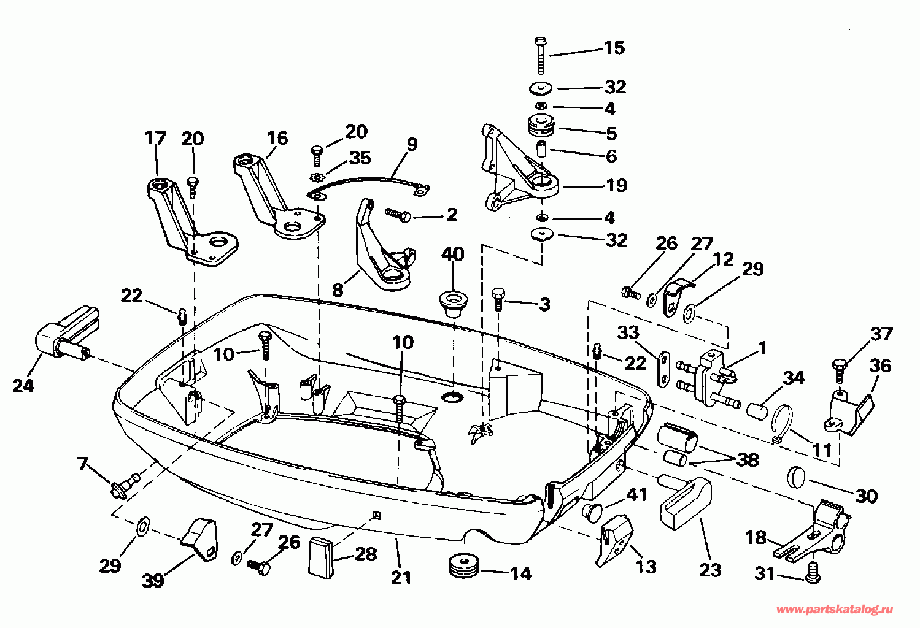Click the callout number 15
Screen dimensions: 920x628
[614, 48]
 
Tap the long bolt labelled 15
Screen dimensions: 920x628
[541, 56]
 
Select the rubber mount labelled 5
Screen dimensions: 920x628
[541, 126]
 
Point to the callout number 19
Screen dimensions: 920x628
[617, 186]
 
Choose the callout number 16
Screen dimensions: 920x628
[277, 139]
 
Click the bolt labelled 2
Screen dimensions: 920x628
[398, 214]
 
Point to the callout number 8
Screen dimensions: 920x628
[338, 290]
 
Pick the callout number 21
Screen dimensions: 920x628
[401, 578]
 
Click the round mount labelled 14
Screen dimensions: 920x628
[465, 566]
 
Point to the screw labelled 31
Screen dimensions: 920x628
[813, 573]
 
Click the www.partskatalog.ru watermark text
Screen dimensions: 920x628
[835, 610]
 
